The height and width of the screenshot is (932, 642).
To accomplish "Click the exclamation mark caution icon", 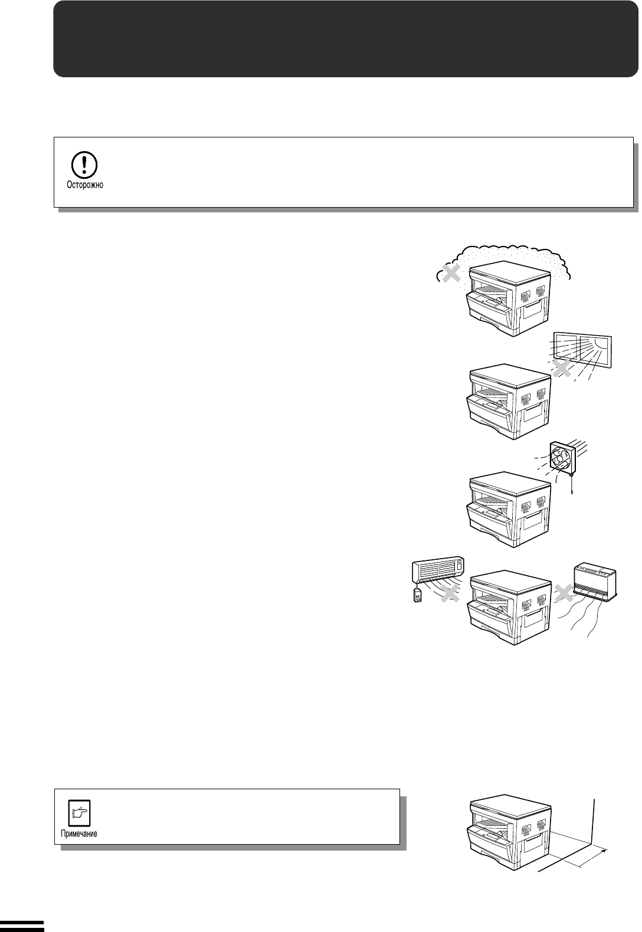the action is [84, 165].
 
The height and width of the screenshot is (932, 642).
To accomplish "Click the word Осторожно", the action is [85, 185].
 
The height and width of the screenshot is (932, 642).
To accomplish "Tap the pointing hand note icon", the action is [80, 812].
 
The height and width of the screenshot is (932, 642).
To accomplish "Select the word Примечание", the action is [78, 833].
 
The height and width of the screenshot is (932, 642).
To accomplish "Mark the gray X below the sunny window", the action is [562, 368].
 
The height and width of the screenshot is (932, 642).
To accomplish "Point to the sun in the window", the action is [600, 342].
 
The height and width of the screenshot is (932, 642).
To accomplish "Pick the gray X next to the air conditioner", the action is [450, 593].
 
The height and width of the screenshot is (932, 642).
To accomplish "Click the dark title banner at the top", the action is [346, 39].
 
